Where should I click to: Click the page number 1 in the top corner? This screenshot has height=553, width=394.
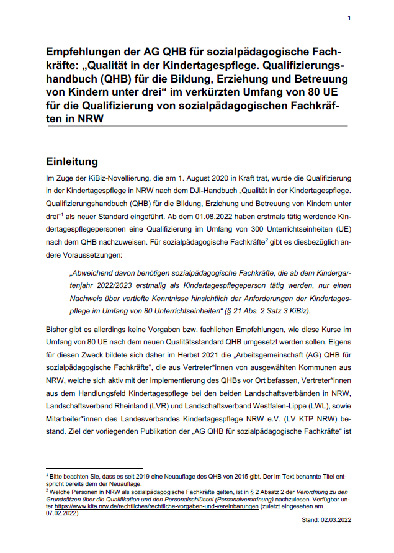349,18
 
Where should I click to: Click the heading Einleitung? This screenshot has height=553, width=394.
72,162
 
